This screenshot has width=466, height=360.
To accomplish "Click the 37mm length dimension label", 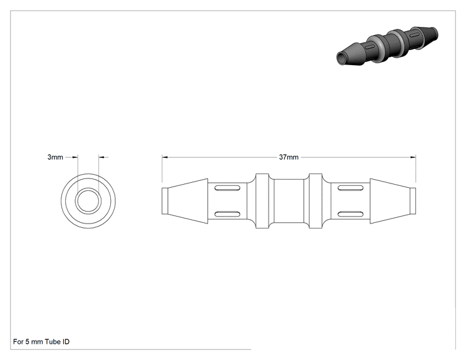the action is coord(289,157).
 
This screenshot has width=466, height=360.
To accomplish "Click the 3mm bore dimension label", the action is coord(55,157).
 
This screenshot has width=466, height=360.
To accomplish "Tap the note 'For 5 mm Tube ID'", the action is coord(41,342).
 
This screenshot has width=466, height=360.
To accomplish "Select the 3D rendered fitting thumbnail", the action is coord(387,46).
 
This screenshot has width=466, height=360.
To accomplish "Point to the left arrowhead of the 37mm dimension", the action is coord(165,157).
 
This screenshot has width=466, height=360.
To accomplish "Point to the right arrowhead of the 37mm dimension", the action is coord(413,157).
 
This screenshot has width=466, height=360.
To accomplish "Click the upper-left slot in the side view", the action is coord(227,188).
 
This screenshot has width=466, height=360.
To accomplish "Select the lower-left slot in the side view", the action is coord(227,214).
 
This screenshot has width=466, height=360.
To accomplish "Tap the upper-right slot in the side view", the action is coord(350,188).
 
